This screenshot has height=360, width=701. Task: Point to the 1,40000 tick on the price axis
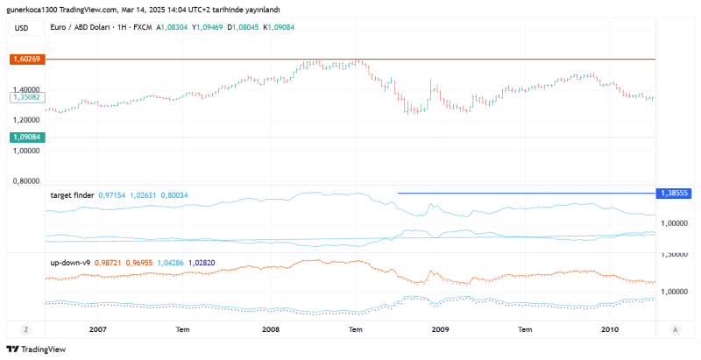click(28, 88)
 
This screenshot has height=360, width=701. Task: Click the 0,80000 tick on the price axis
click(28, 181)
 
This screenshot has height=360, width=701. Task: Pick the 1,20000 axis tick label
click(28, 119)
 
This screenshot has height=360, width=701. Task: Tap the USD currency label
click(22, 29)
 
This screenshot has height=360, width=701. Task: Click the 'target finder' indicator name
click(73, 194)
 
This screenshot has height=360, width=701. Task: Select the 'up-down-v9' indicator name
click(70, 262)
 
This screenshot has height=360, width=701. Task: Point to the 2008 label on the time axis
click(271, 329)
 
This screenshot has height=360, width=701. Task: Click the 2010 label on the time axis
click(609, 329)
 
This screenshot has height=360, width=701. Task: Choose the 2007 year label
click(97, 329)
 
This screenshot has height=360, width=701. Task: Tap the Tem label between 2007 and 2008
click(183, 329)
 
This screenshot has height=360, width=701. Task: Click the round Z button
click(26, 329)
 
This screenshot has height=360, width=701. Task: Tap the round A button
click(674, 329)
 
